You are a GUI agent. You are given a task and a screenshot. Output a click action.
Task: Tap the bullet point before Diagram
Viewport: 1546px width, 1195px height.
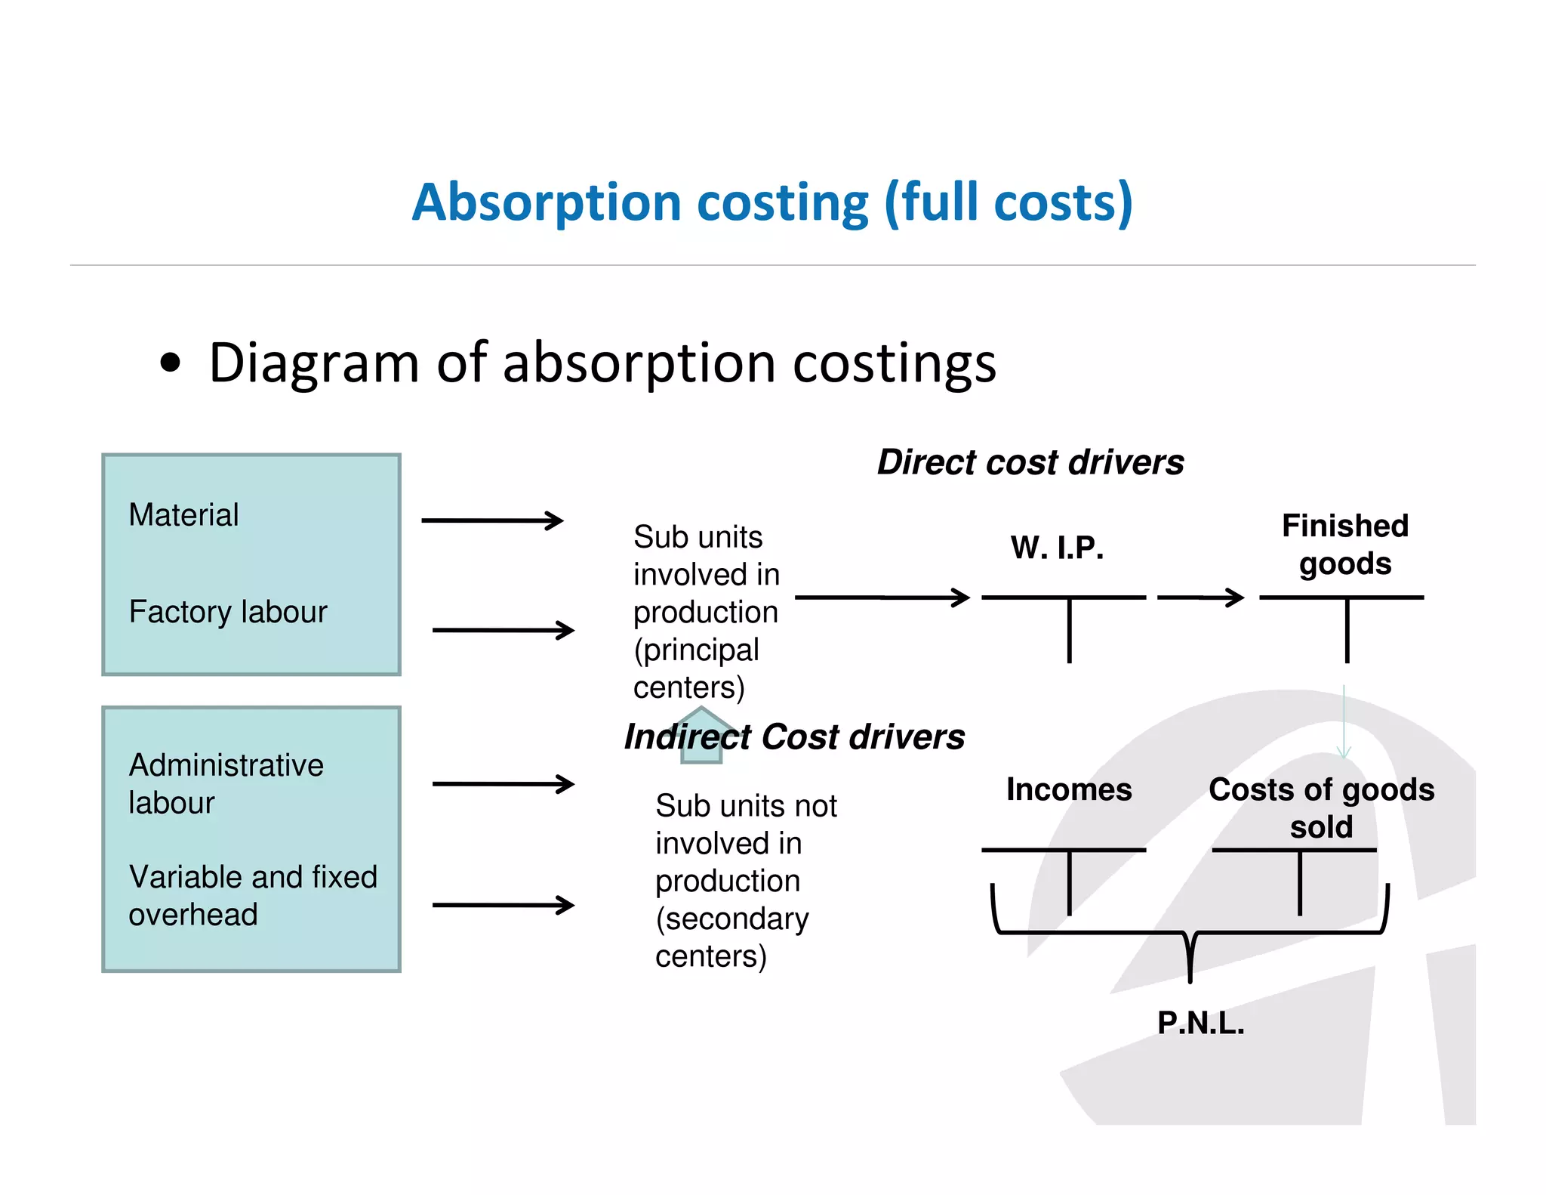coord(171,363)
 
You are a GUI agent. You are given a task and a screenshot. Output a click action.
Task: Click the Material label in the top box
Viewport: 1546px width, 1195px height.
coord(183,515)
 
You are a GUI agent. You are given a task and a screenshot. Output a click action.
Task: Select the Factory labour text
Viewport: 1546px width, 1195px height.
coord(228,612)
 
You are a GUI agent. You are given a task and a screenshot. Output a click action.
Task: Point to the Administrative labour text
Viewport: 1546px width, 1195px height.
coord(226,784)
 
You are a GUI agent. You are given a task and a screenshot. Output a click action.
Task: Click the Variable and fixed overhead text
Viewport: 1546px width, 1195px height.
coord(252,896)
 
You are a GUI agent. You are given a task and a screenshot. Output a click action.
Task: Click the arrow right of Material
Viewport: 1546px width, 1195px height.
coord(492,520)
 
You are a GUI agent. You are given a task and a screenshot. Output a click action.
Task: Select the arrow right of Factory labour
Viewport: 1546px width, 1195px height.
coord(503,630)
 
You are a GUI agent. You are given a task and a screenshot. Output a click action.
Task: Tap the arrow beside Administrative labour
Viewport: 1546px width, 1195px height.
coord(503,784)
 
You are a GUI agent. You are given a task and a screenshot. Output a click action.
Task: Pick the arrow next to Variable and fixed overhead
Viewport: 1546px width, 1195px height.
coord(503,905)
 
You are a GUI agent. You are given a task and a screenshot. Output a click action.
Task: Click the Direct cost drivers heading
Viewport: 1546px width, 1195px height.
coord(1030,462)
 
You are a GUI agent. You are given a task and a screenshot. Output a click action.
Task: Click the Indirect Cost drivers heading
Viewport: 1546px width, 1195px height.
coord(794,737)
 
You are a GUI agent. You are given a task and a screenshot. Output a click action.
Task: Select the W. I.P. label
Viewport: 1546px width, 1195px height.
coord(1057,548)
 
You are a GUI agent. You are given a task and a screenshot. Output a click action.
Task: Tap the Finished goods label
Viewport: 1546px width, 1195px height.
coord(1345,545)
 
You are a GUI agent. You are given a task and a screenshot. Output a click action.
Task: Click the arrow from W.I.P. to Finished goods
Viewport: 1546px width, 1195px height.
coord(1200,597)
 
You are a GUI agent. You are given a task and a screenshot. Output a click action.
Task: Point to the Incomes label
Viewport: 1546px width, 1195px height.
coord(1069,789)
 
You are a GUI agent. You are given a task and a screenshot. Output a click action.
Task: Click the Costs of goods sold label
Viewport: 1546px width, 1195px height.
coord(1321,807)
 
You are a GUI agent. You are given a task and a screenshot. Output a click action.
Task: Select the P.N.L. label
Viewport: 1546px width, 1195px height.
coord(1200,1023)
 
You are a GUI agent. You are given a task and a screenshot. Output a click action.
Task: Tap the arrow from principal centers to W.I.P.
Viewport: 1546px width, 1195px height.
coord(882,597)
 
